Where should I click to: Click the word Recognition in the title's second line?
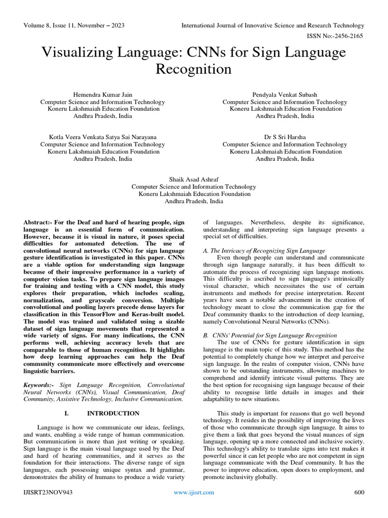pyautogui.click(x=193, y=69)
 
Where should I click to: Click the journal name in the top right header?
pyautogui.click(x=273, y=25)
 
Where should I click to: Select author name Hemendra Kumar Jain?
pyautogui.click(x=103, y=95)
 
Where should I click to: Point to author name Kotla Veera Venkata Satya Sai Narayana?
pyautogui.click(x=103, y=137)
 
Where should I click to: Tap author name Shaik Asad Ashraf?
pyautogui.click(x=193, y=180)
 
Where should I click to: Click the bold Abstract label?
pyautogui.click(x=39, y=223)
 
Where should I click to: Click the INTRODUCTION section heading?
pyautogui.click(x=113, y=413)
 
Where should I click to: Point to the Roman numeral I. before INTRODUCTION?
pyautogui.click(x=66, y=413)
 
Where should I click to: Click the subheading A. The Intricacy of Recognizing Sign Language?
pyautogui.click(x=264, y=251)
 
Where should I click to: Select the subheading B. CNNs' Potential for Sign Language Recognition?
pyautogui.click(x=269, y=335)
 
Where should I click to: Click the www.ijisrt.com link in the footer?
pyautogui.click(x=193, y=492)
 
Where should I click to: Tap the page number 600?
pyautogui.click(x=359, y=492)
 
